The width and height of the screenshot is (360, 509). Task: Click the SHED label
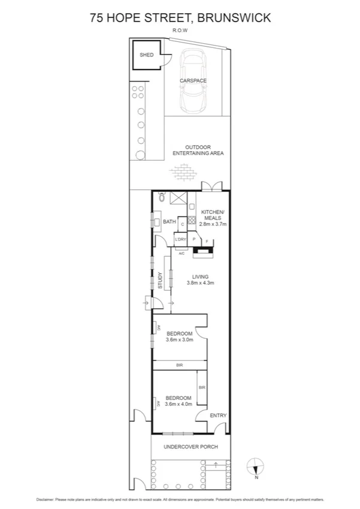146,55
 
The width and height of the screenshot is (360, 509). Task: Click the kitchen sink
192,207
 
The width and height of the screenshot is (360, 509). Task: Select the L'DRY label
180,239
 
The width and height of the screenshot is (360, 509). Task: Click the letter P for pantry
194,239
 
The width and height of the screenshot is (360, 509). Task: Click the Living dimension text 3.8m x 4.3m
200,282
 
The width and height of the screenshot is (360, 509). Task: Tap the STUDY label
160,282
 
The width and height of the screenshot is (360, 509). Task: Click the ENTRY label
218,415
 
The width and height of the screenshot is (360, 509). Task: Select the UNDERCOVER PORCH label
192,447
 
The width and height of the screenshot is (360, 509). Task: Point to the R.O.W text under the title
180,29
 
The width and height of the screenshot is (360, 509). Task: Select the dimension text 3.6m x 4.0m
179,405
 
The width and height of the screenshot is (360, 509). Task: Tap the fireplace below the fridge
204,252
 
